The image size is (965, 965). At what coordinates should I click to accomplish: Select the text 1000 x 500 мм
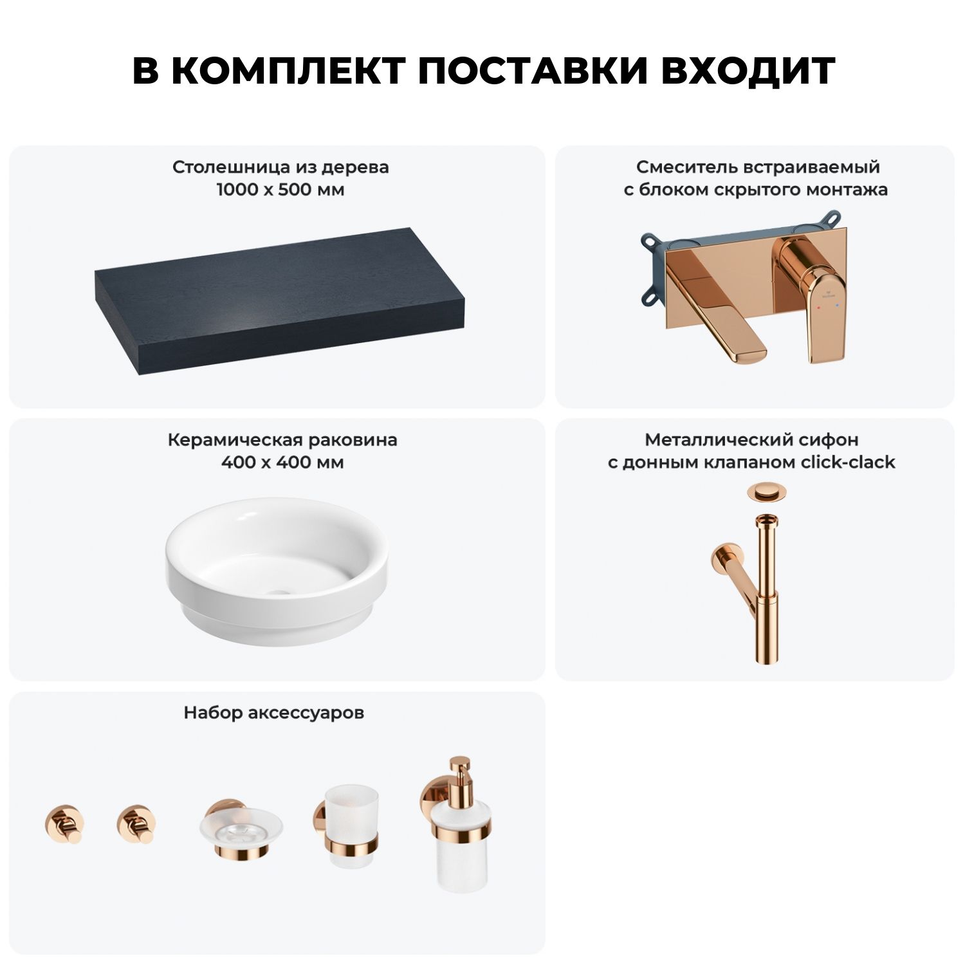click(280, 190)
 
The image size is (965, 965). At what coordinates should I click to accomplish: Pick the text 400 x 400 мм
click(282, 463)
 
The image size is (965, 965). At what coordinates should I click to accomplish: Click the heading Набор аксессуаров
click(274, 713)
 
